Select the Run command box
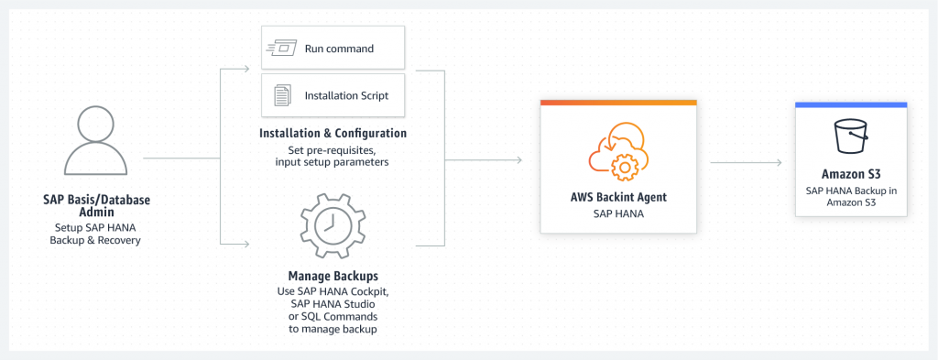(x=333, y=47)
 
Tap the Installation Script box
(x=333, y=95)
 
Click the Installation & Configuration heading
(x=333, y=134)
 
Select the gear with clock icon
(x=333, y=222)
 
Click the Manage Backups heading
(x=333, y=275)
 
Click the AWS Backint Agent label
(x=617, y=197)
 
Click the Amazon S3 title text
(x=851, y=174)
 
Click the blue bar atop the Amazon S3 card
(x=850, y=104)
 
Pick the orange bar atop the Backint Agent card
(x=617, y=103)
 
